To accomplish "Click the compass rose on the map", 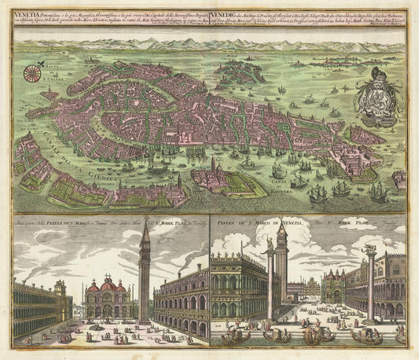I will (33, 74).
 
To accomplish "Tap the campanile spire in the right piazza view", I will (281, 228).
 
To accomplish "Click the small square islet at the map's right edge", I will (399, 178).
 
